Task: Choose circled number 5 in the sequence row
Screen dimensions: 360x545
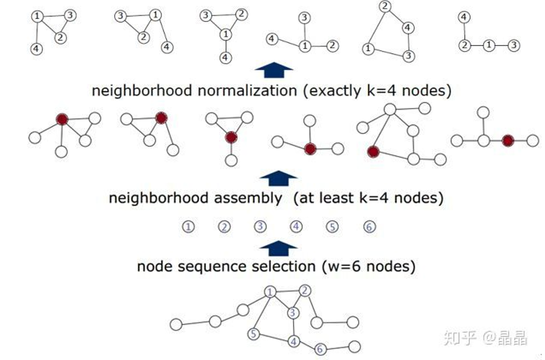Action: (x=333, y=227)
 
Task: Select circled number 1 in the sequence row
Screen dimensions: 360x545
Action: (x=188, y=227)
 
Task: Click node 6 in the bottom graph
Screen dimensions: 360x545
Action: (x=321, y=349)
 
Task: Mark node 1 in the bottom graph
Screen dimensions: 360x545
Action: (x=269, y=292)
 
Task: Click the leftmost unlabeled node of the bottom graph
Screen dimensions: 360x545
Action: (x=176, y=324)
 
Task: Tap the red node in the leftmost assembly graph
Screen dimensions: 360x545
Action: (x=62, y=119)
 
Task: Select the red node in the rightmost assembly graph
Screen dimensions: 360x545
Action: (x=508, y=141)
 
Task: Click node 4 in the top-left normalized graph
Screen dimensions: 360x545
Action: (x=36, y=48)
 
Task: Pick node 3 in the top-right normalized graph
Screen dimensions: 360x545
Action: (x=513, y=46)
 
